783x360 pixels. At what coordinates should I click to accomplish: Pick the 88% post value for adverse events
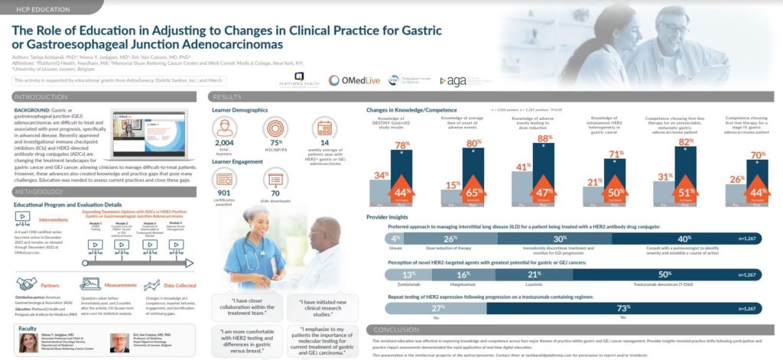[544, 138]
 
